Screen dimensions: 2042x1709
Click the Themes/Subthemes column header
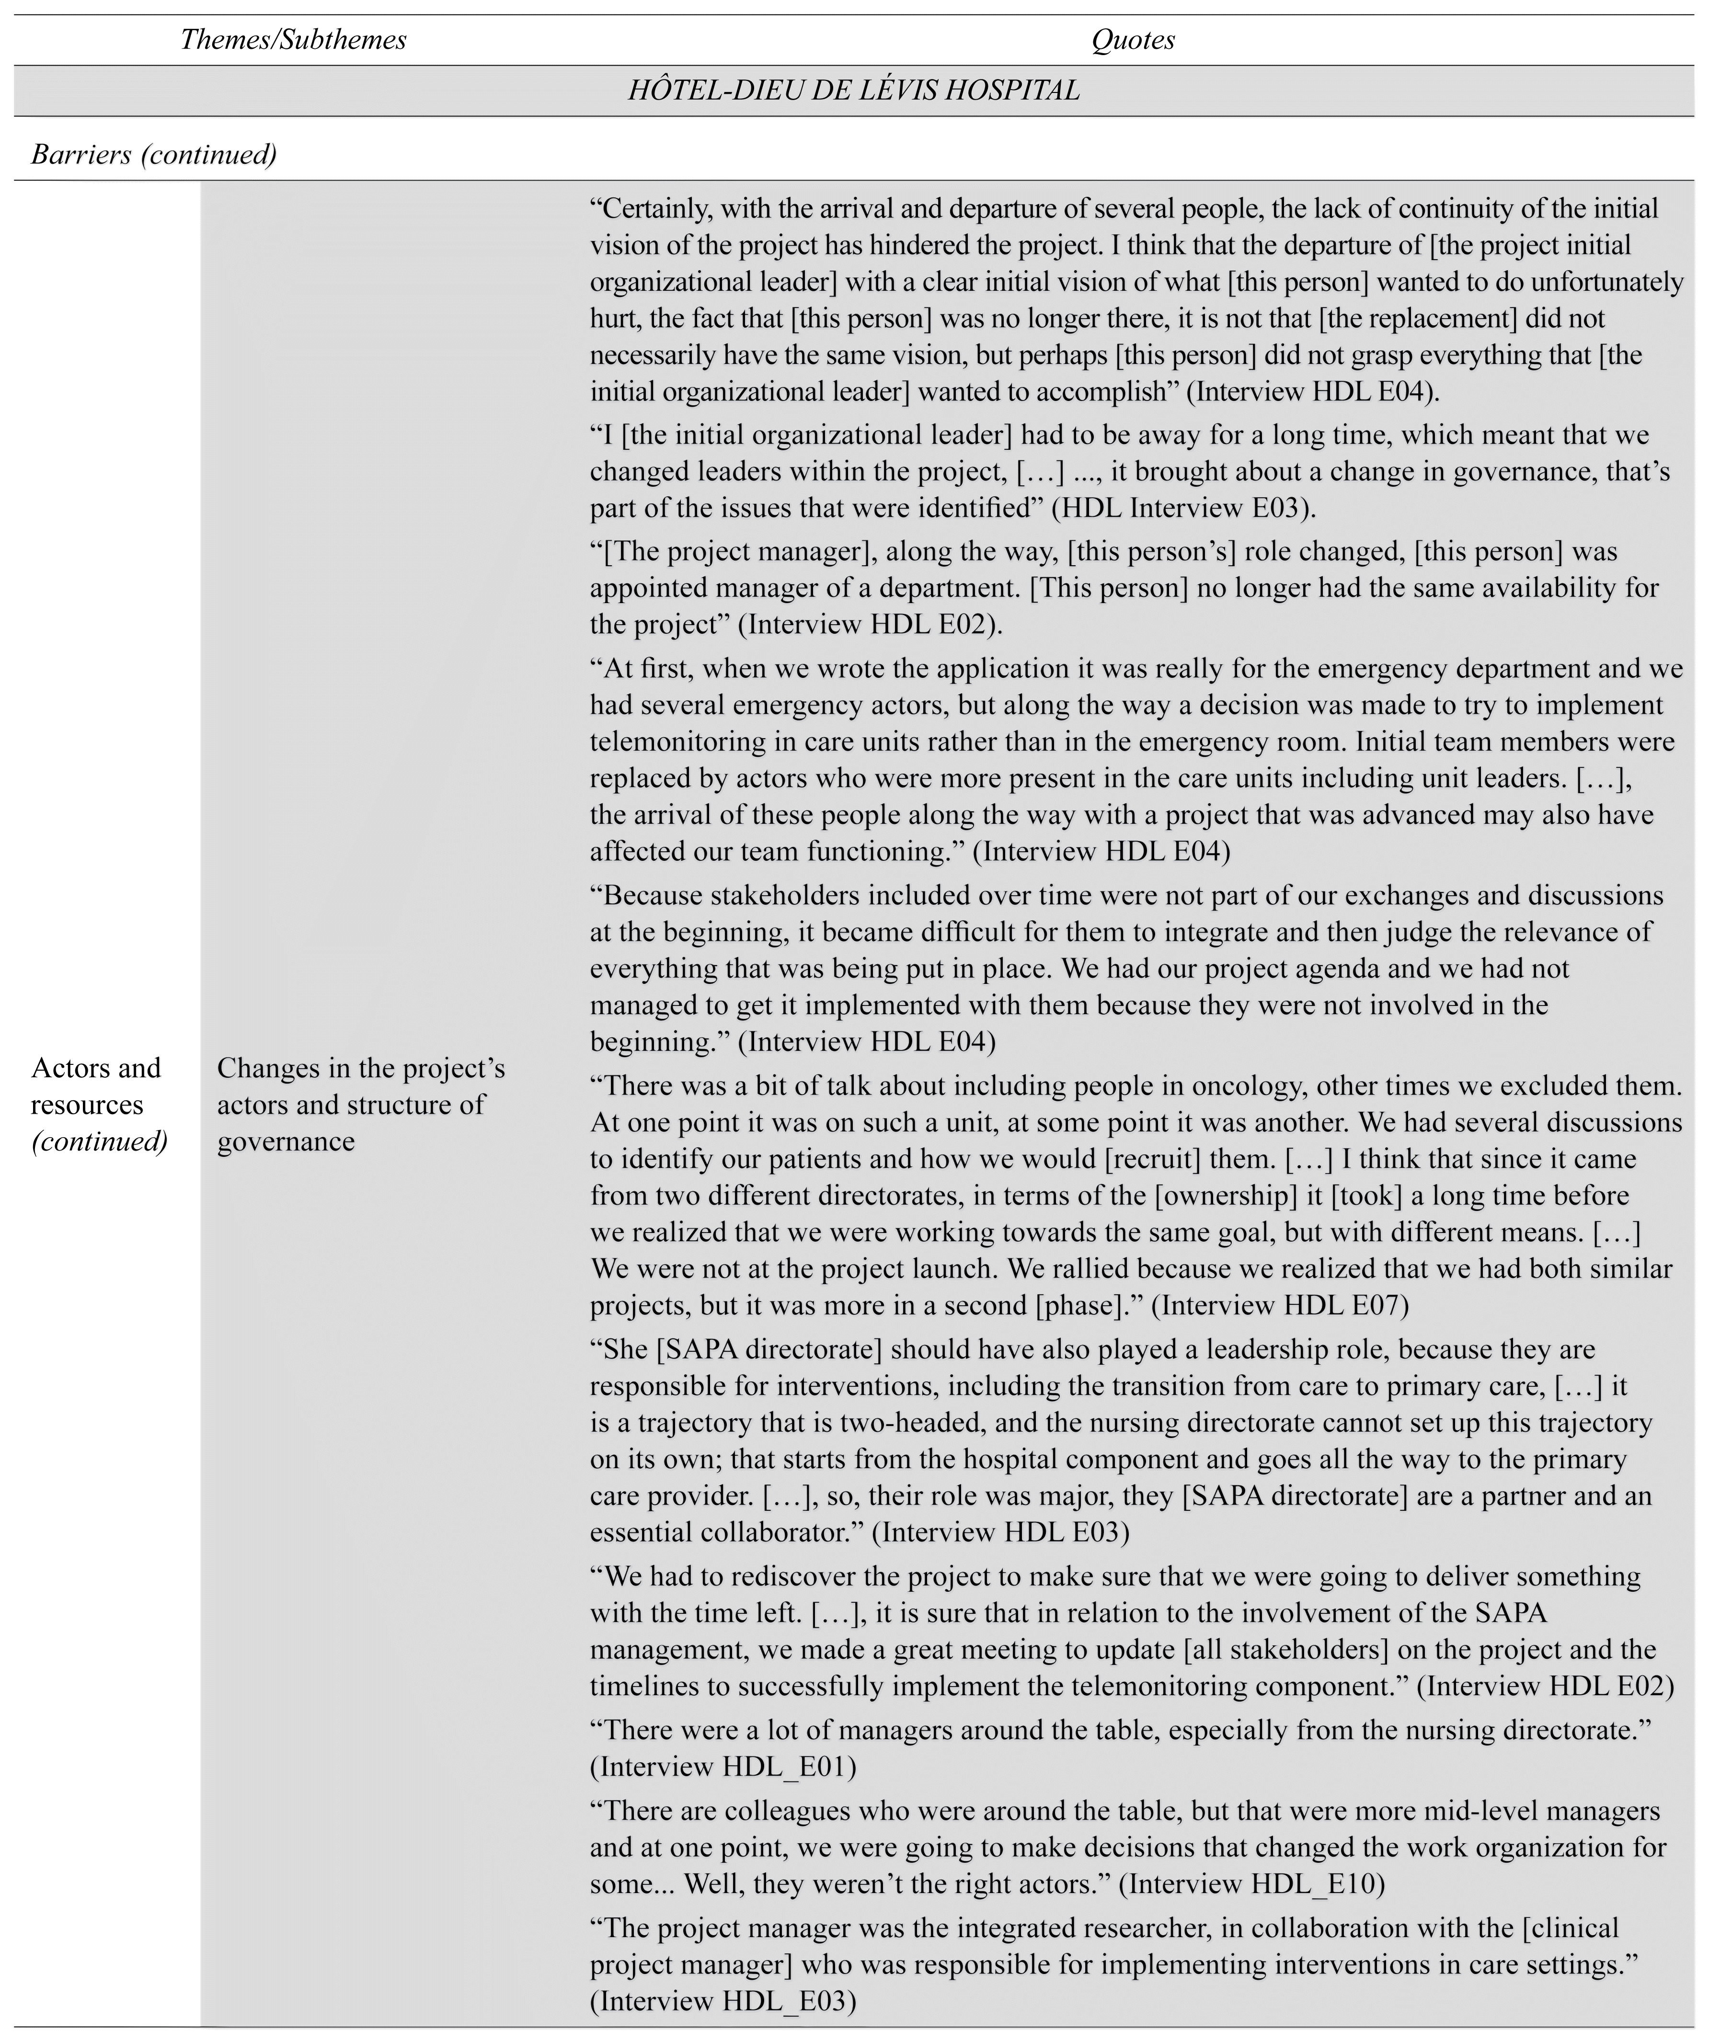[x=293, y=40]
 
